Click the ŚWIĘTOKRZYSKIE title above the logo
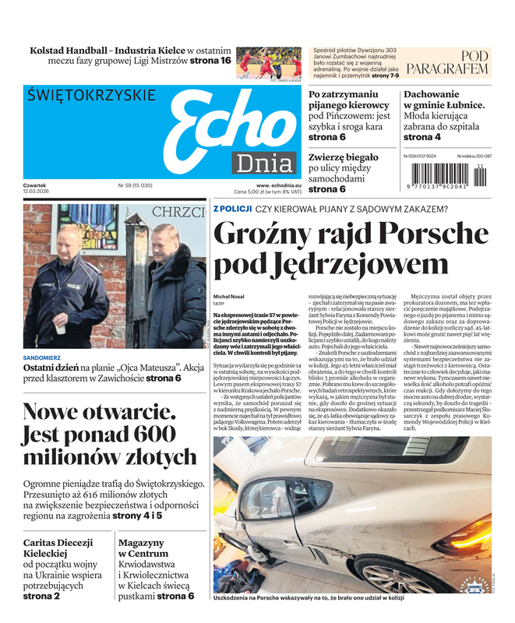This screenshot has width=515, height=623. coord(91,95)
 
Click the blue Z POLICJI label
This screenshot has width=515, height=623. coord(232,209)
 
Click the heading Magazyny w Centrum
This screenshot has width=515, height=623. coord(143,548)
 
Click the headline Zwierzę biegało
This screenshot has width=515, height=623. coord(343,157)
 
